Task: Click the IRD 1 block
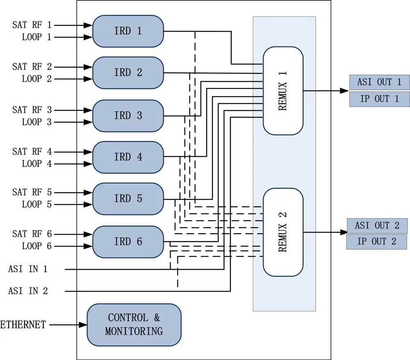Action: [128, 31]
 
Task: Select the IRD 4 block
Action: [128, 157]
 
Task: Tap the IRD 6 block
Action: [128, 242]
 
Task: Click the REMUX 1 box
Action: [283, 91]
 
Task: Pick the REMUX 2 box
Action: [283, 232]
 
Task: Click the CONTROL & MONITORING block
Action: [134, 324]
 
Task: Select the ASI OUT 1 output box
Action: [379, 82]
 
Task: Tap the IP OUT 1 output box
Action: [379, 99]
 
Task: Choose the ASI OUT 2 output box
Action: [377, 226]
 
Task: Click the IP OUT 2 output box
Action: [377, 241]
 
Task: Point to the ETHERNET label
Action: [23, 325]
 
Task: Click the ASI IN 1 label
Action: [28, 269]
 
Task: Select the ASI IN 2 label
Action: [28, 291]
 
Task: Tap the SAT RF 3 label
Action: [32, 110]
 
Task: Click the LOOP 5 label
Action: [37, 204]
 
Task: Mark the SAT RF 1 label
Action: [32, 25]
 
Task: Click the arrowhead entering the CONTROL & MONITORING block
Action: [83, 325]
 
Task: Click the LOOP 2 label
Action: [37, 78]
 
